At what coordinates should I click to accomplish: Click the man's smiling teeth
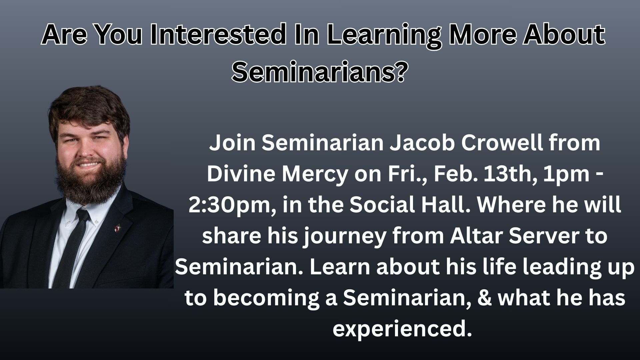(x=87, y=164)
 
